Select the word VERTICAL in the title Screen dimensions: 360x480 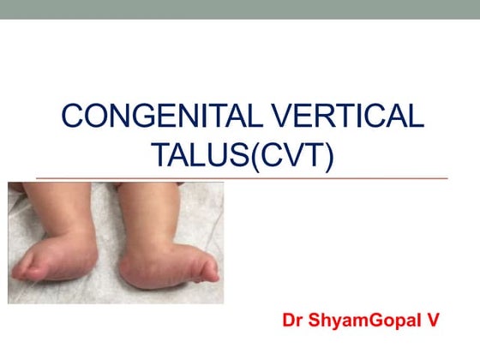343,117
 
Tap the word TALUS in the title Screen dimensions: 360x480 193,155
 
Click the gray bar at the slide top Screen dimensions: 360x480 240,9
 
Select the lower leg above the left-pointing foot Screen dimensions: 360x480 77,206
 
